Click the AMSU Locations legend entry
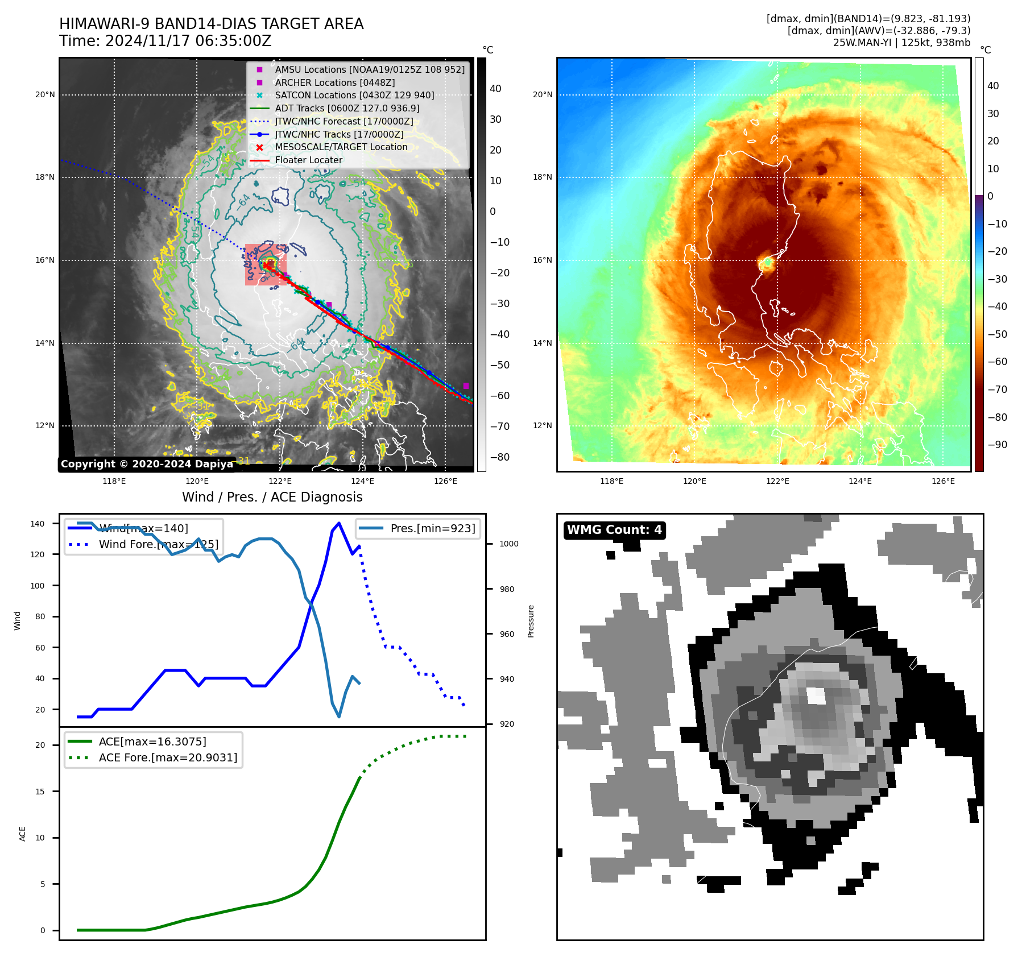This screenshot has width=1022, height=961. (x=370, y=69)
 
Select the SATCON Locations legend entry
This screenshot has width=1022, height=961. (x=354, y=95)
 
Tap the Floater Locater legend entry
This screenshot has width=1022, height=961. (x=308, y=160)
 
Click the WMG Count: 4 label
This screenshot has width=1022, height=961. (x=614, y=530)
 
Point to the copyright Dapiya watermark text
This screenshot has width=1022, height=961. (x=147, y=464)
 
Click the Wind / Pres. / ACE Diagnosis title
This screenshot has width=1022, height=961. (x=272, y=497)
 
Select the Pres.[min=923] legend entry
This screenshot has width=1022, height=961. (x=432, y=528)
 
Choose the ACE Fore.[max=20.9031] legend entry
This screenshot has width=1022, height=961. (x=168, y=757)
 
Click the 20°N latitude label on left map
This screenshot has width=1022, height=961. (x=45, y=94)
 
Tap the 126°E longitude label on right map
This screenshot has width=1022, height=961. (x=943, y=481)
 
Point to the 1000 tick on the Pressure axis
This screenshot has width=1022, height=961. (x=508, y=544)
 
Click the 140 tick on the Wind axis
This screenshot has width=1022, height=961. (x=38, y=524)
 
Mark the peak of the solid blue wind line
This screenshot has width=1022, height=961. (x=339, y=523)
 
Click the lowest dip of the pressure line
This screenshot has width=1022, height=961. (x=339, y=716)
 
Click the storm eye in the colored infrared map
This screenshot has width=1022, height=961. (x=767, y=263)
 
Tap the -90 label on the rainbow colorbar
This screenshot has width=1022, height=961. (x=997, y=445)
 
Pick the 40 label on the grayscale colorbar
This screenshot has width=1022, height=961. (x=495, y=89)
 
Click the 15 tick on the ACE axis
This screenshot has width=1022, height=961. (x=40, y=792)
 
